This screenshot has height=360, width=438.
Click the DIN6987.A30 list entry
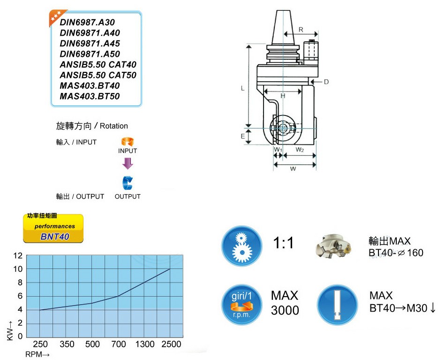[87, 23]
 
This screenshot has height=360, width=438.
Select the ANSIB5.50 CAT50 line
[98, 75]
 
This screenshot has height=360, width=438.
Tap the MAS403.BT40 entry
[90, 86]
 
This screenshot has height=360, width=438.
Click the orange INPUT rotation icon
[128, 142]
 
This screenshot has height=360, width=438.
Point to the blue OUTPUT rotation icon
[128, 183]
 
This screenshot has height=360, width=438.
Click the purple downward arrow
[128, 163]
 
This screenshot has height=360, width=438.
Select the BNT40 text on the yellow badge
[55, 237]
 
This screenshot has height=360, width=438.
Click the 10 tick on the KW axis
[18, 269]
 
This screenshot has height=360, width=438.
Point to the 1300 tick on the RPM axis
[145, 344]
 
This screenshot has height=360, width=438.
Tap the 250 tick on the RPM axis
[40, 344]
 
